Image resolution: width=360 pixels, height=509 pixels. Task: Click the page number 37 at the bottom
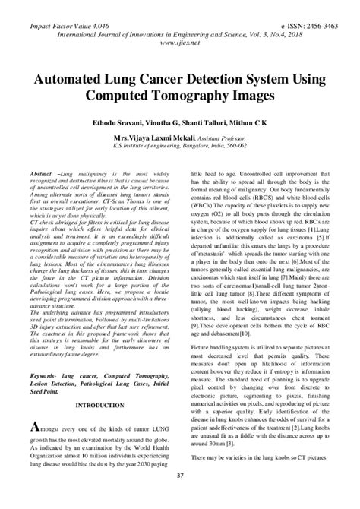pos(180,498)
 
